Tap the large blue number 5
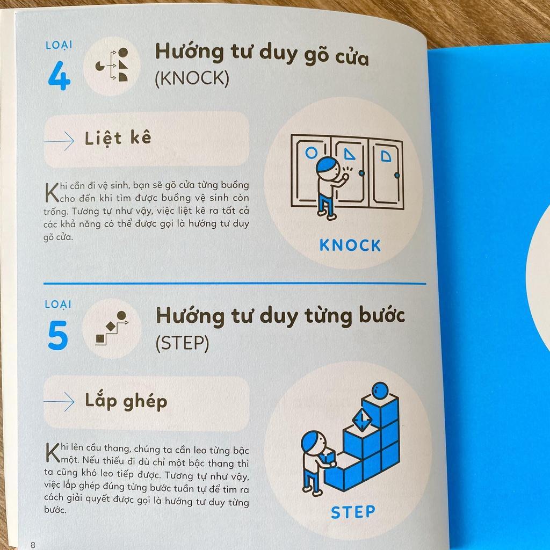[x=58, y=335]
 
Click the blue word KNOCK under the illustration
[x=350, y=245]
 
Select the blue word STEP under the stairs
[x=352, y=511]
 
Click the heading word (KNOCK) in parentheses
[x=192, y=79]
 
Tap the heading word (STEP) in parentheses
[x=182, y=343]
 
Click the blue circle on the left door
[x=311, y=153]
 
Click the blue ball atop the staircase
[x=380, y=390]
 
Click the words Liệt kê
[x=118, y=138]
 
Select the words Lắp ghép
[x=126, y=401]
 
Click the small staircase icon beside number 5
[x=112, y=328]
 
